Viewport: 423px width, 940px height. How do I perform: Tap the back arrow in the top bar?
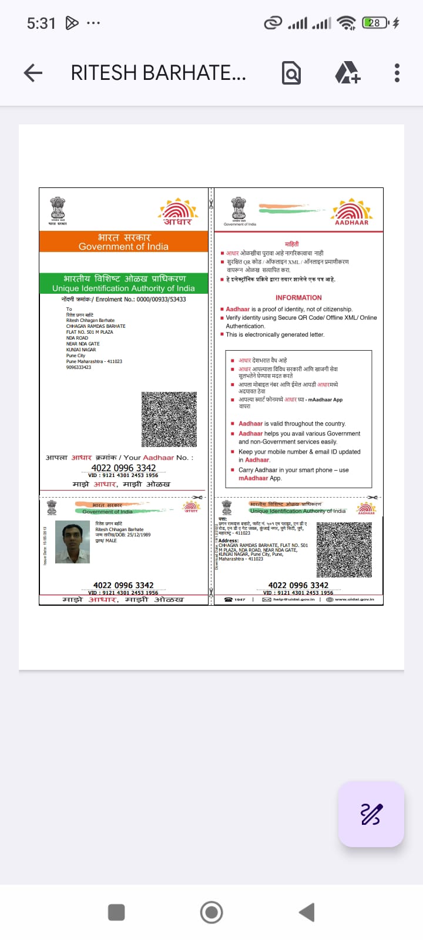click(33, 73)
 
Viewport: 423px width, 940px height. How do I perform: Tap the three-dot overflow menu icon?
click(397, 73)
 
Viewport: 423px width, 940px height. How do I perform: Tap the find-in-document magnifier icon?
click(291, 73)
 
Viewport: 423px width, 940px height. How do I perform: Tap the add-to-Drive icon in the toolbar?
click(347, 73)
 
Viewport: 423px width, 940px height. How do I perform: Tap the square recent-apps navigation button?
click(116, 912)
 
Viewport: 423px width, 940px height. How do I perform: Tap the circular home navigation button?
click(211, 912)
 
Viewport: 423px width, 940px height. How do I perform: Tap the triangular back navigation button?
click(307, 912)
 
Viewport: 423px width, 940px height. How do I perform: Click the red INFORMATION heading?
click(298, 298)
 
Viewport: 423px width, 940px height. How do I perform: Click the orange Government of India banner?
click(123, 241)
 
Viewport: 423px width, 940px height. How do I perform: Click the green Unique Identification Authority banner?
click(123, 283)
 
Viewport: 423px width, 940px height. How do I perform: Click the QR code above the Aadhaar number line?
click(169, 419)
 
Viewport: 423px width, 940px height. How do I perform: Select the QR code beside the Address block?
click(344, 550)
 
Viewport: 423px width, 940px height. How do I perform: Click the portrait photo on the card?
click(72, 542)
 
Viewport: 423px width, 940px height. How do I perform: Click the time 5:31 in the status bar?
click(41, 23)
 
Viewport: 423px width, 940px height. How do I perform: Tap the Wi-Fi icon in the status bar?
click(347, 23)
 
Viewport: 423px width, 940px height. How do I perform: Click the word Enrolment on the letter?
click(109, 299)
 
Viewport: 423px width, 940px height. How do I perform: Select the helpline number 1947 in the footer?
click(240, 599)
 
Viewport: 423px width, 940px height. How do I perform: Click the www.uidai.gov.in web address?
click(354, 599)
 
